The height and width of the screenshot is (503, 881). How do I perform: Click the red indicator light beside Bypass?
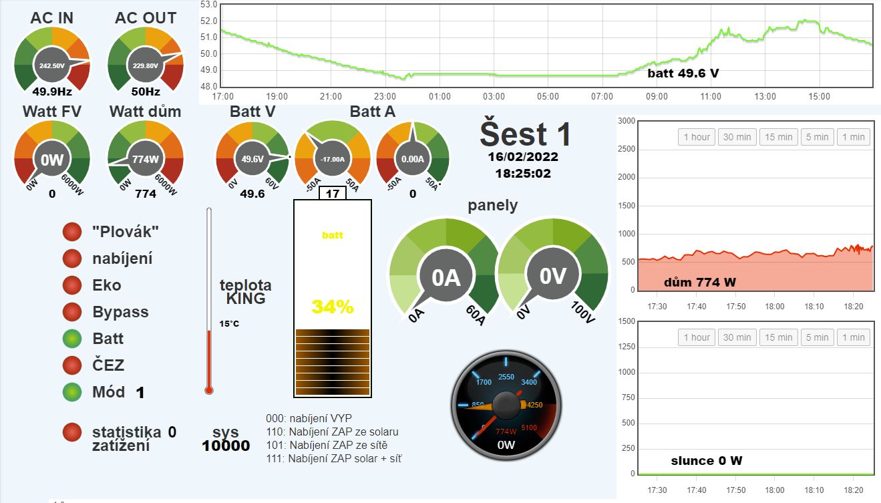(71, 312)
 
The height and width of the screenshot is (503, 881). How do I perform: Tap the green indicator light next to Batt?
(71, 339)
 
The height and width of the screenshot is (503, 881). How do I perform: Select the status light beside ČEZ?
(71, 365)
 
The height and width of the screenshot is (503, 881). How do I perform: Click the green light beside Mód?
(71, 392)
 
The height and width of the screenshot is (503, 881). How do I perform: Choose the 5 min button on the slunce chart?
(817, 337)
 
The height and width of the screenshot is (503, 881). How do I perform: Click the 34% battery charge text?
(332, 307)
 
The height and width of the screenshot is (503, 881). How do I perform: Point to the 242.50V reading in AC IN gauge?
(51, 66)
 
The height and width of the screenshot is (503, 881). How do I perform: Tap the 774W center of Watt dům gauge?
(145, 160)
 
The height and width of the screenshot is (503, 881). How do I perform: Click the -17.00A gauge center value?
(332, 159)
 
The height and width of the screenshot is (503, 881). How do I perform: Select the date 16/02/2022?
(523, 158)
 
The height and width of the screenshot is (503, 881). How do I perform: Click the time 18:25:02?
(523, 174)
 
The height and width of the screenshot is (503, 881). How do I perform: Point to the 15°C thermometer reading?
(229, 324)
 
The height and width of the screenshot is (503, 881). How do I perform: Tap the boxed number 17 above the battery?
(332, 194)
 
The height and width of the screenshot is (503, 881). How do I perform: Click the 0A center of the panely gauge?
(446, 277)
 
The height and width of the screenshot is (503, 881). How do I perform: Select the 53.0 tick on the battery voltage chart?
(210, 4)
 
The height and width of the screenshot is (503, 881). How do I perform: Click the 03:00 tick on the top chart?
(494, 97)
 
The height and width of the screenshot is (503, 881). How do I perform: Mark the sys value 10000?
(226, 446)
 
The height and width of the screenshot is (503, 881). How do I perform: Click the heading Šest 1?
(525, 134)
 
